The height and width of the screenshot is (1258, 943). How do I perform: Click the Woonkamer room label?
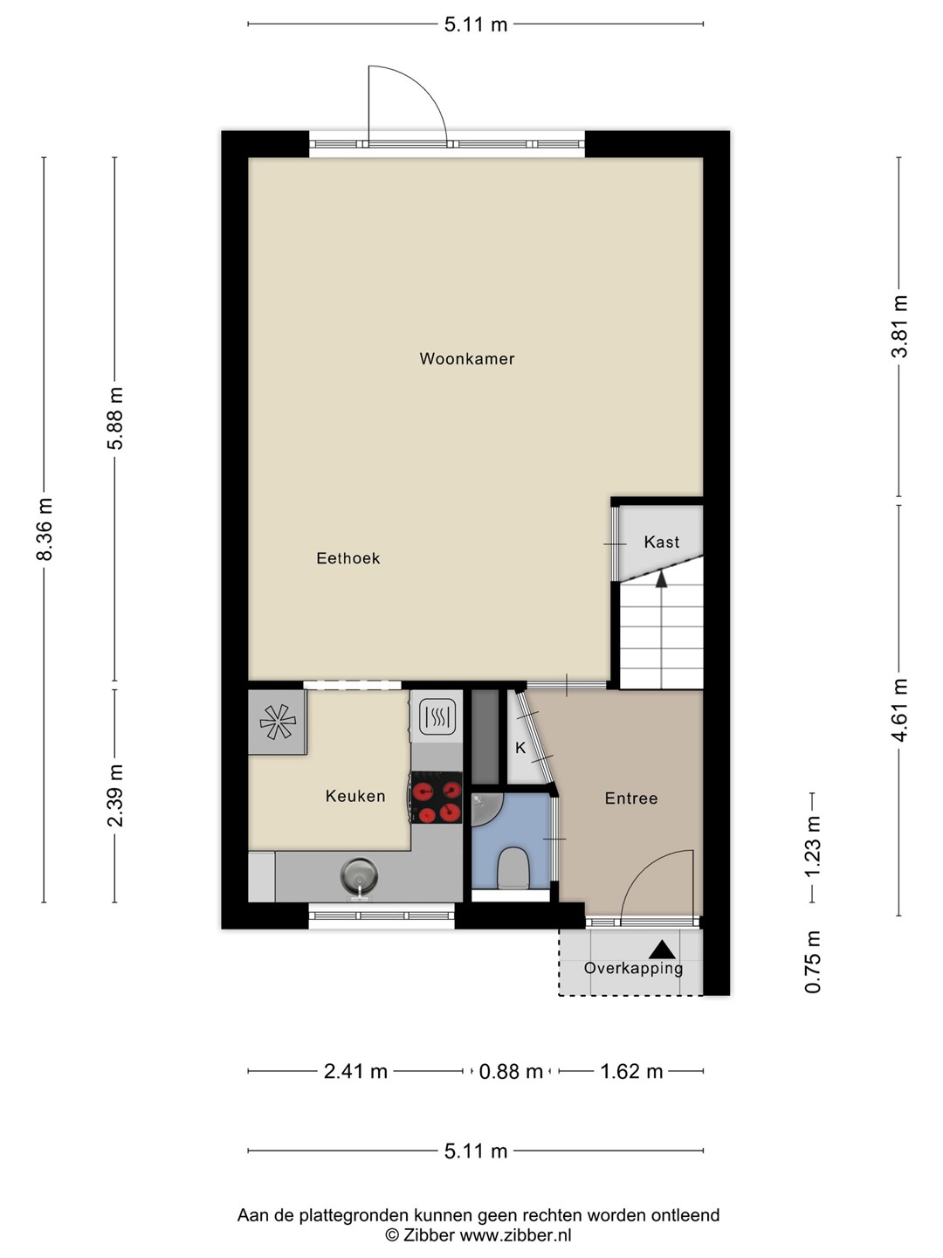pos(466,359)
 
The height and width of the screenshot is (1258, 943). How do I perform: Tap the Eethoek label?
pos(348,558)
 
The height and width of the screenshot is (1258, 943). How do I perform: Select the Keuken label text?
pos(355,796)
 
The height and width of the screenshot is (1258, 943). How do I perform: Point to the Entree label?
pos(631,798)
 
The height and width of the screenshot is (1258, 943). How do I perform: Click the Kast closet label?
pos(661,543)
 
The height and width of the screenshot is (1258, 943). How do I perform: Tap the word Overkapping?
pos(633,969)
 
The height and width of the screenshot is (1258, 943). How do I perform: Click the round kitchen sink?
pos(359,876)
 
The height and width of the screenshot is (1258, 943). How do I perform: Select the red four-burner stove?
pos(437,798)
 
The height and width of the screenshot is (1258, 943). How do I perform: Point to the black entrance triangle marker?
pos(663,950)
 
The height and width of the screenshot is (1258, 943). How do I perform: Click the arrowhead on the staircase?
pos(661,578)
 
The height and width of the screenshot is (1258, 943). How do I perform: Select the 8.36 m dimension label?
pos(44,529)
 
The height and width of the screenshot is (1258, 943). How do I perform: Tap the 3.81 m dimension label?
pos(899,327)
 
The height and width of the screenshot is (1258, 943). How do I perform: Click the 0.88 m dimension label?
pos(511,1071)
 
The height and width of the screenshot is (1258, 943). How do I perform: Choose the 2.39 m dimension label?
pos(115,796)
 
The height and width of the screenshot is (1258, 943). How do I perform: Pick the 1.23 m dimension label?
pos(812,847)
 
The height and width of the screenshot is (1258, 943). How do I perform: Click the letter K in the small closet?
pos(520,748)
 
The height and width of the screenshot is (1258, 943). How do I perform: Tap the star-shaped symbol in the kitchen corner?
pos(278,722)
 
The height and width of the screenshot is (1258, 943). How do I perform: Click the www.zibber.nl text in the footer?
pos(515,1234)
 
